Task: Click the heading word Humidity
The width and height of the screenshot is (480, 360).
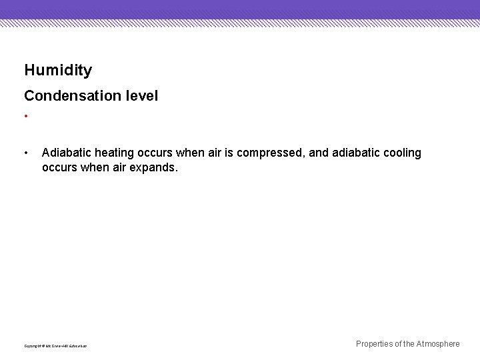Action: click(58, 70)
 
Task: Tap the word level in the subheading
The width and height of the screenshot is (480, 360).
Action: click(141, 96)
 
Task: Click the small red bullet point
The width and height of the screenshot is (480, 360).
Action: click(25, 117)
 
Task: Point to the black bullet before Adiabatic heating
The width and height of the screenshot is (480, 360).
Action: click(25, 153)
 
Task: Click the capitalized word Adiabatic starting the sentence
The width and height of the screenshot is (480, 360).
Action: click(65, 153)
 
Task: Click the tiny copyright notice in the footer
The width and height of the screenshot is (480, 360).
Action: click(56, 346)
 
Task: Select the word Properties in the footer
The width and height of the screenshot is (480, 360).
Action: click(375, 344)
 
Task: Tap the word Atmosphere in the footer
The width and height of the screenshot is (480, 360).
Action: click(438, 344)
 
